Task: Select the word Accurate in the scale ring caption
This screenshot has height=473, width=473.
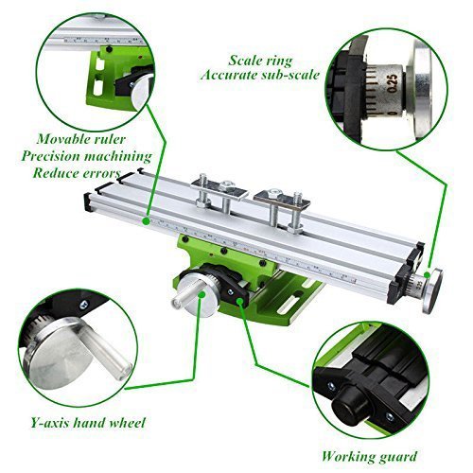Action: [x=225, y=75]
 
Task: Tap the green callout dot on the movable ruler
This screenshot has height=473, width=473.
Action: [x=146, y=221]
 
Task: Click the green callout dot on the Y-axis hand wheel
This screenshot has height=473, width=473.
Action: [x=202, y=294]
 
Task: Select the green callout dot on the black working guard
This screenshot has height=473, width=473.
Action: [x=240, y=302]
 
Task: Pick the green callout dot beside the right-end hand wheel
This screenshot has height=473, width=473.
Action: [x=427, y=274]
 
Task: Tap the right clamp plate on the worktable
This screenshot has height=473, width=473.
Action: [x=282, y=200]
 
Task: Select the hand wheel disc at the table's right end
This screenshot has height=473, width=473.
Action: [x=432, y=291]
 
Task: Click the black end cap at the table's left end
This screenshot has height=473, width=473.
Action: [x=87, y=202]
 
